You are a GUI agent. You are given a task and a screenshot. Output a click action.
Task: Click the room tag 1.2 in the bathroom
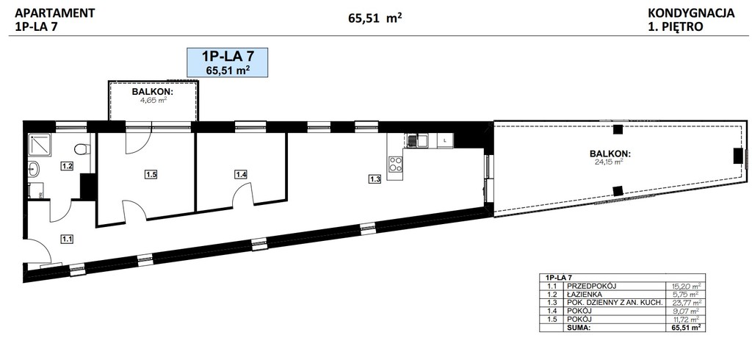[67, 167]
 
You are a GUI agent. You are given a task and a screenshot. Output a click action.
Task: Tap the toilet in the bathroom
[82, 149]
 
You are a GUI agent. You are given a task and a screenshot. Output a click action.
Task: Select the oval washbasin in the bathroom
[33, 168]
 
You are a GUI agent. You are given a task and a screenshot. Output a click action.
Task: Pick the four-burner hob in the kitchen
[396, 164]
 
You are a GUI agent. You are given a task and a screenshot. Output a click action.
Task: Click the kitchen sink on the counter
[417, 140]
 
